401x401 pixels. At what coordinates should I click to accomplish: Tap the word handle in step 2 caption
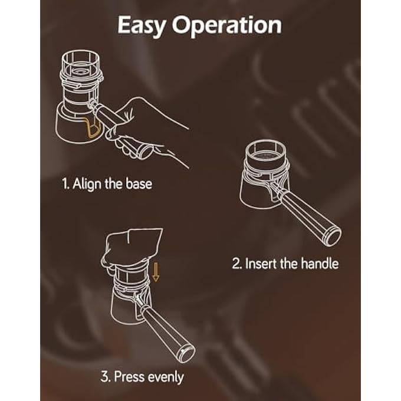click(x=318, y=264)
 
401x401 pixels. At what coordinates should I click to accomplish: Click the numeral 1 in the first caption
click(x=64, y=184)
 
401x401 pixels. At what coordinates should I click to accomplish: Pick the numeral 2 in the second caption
click(x=235, y=264)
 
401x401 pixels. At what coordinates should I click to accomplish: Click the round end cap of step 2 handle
click(x=333, y=236)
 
